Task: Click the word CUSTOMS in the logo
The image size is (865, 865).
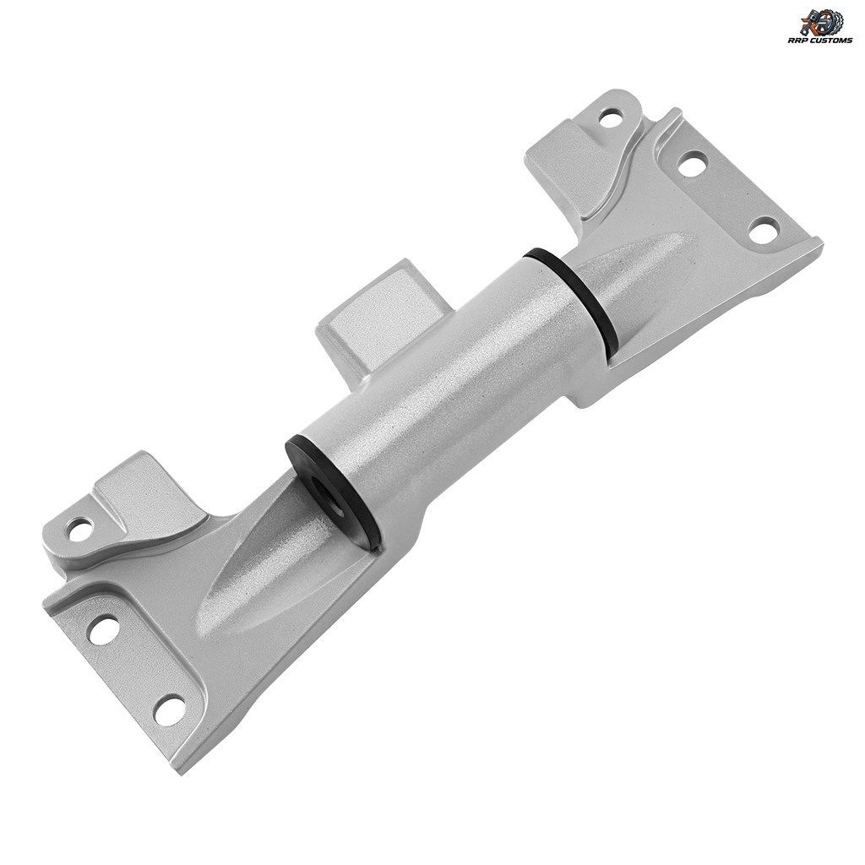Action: [x=832, y=41]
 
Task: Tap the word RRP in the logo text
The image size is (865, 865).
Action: [x=804, y=41]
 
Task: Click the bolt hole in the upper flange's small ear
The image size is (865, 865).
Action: [x=611, y=117]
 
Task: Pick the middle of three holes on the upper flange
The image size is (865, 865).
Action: [x=692, y=164]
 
